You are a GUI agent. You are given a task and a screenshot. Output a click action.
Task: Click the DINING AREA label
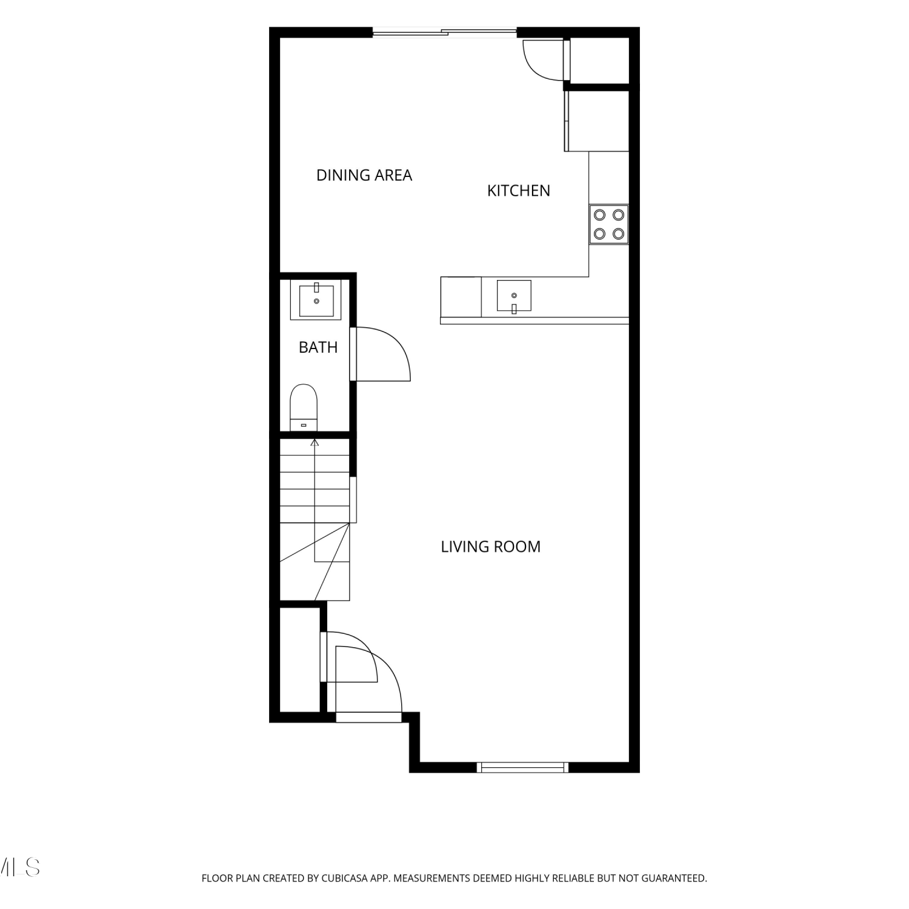point(364,175)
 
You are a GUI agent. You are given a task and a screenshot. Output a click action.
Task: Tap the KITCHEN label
point(519,191)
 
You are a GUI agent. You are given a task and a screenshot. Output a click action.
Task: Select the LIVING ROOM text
point(491,547)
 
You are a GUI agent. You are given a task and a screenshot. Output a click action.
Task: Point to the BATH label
point(318,347)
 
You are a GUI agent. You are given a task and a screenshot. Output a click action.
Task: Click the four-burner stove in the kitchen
point(609,224)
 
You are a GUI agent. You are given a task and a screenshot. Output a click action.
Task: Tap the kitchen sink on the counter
point(514,296)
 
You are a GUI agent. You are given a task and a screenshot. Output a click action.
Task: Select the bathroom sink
point(316,300)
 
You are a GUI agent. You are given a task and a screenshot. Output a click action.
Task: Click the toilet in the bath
point(304,407)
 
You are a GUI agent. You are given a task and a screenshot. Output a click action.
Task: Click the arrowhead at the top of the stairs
point(315,442)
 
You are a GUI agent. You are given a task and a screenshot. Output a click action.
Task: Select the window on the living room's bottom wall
point(522,767)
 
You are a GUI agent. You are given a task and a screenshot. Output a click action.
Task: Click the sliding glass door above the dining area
point(444,33)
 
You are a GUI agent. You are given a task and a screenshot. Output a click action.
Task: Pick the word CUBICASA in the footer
point(345,878)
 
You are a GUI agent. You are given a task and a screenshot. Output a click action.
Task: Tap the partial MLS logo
point(20,867)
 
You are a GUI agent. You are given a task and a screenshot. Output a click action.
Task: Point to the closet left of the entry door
point(299,660)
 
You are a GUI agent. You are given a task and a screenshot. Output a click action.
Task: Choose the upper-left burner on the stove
point(600,215)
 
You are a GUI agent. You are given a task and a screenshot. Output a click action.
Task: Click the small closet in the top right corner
point(599,60)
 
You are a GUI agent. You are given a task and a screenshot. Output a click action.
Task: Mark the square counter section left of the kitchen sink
point(461,297)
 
